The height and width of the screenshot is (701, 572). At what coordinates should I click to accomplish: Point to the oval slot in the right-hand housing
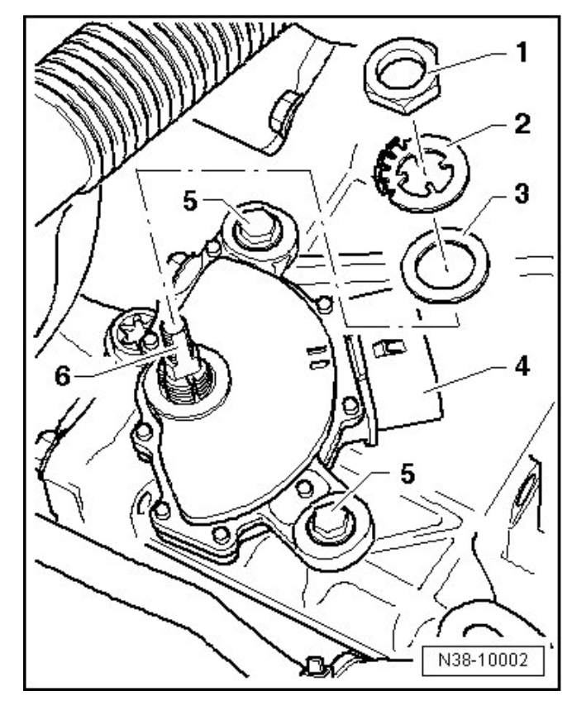(x=526, y=498)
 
